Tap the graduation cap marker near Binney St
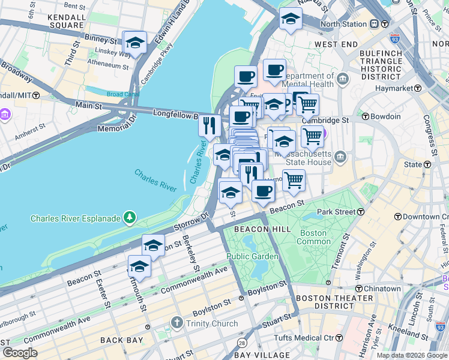(x=134, y=43)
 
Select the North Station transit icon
(x=375, y=24)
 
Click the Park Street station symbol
(x=361, y=212)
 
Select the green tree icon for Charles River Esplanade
(x=128, y=218)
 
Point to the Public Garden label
(x=252, y=256)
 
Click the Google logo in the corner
(x=20, y=353)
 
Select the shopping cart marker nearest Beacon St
(x=294, y=180)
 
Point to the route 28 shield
(x=241, y=342)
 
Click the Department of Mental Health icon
(x=343, y=79)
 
